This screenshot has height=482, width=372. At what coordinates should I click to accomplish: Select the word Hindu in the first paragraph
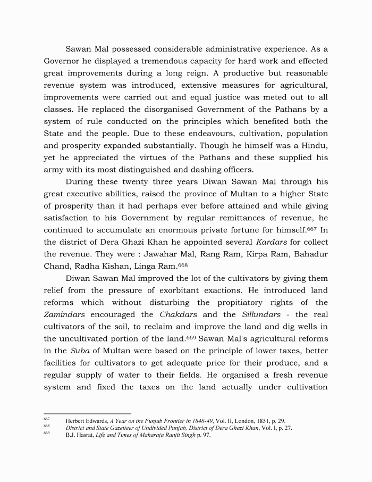(x=315, y=146)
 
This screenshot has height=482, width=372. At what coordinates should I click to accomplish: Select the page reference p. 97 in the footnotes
(x=204, y=435)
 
